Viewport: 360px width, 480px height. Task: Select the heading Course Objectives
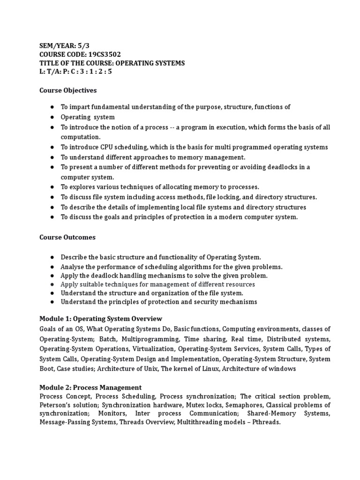coord(67,90)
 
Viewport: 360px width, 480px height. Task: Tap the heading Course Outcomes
coord(67,237)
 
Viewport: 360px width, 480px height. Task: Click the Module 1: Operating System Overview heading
coord(100,319)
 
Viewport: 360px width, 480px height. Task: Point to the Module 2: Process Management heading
coord(90,387)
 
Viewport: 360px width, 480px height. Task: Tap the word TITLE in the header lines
coord(48,63)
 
